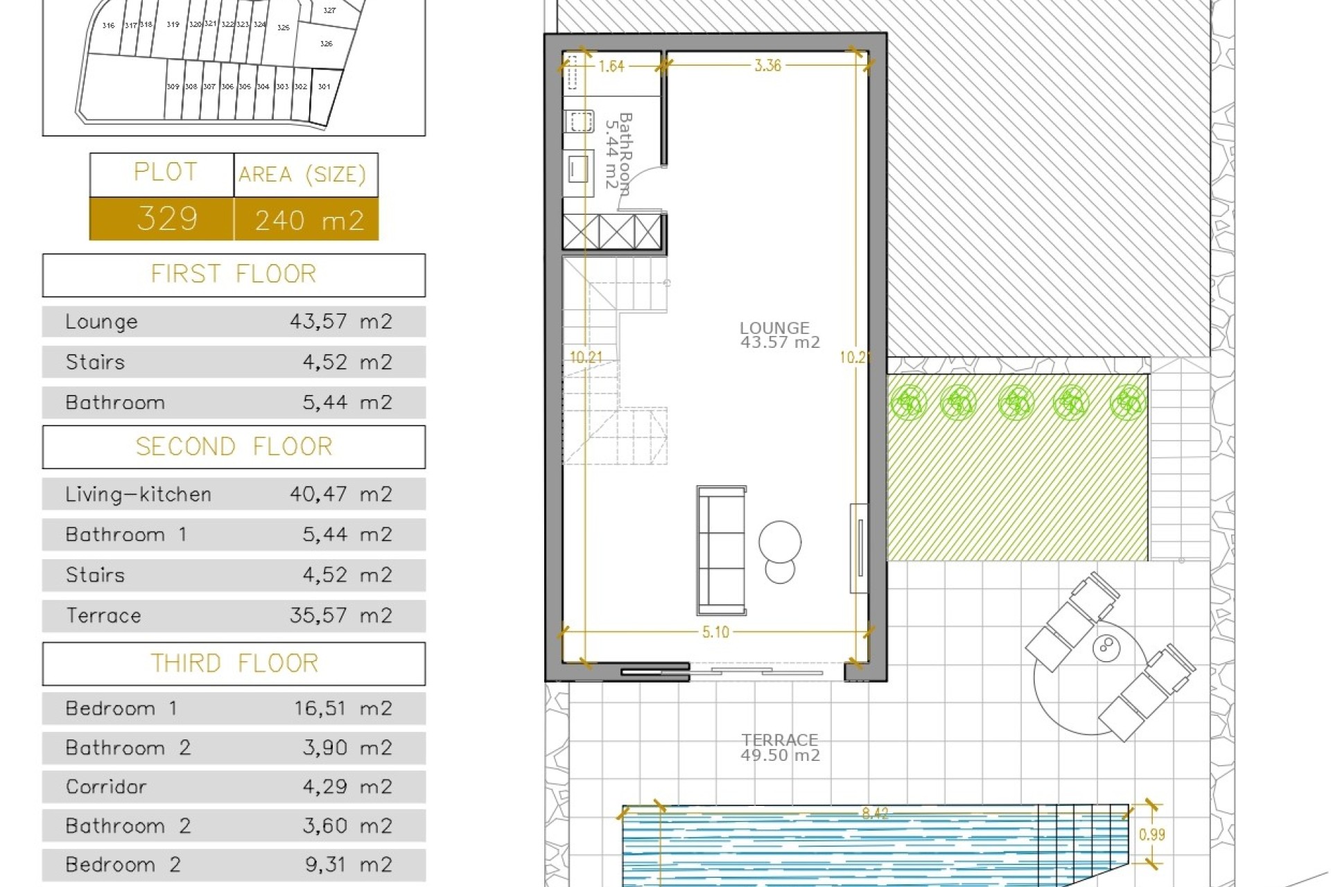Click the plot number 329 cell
[x=167, y=219]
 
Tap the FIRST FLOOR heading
[x=234, y=274]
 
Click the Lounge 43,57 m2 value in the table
[x=340, y=322]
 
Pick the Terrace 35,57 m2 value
[x=340, y=615]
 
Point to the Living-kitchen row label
[x=138, y=494]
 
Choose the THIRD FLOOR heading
[x=234, y=663]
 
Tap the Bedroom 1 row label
[x=121, y=708]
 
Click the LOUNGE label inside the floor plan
[x=774, y=328]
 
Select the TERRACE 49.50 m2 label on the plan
[x=780, y=747]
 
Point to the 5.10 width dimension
[x=715, y=632]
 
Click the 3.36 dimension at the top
[x=767, y=66]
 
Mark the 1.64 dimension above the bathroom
[x=611, y=67]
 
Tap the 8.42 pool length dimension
[x=875, y=813]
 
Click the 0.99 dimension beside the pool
[x=1152, y=835]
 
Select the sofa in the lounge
[x=722, y=551]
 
